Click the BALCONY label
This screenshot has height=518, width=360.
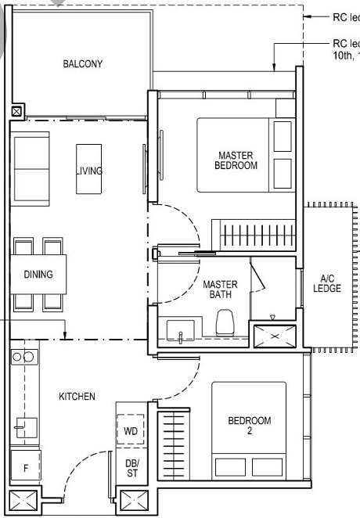click(x=82, y=64)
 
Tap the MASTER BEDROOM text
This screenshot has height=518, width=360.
click(x=236, y=160)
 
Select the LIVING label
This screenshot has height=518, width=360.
click(x=89, y=170)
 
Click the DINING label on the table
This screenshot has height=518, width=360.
click(x=38, y=275)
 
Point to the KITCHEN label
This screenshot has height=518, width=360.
click(x=77, y=397)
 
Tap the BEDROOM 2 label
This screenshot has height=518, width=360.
click(x=250, y=426)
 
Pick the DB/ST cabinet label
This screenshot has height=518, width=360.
click(x=131, y=468)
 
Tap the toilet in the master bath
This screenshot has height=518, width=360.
click(x=225, y=322)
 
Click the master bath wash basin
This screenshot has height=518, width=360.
click(x=181, y=332)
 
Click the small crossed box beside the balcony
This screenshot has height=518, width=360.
click(x=17, y=112)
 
